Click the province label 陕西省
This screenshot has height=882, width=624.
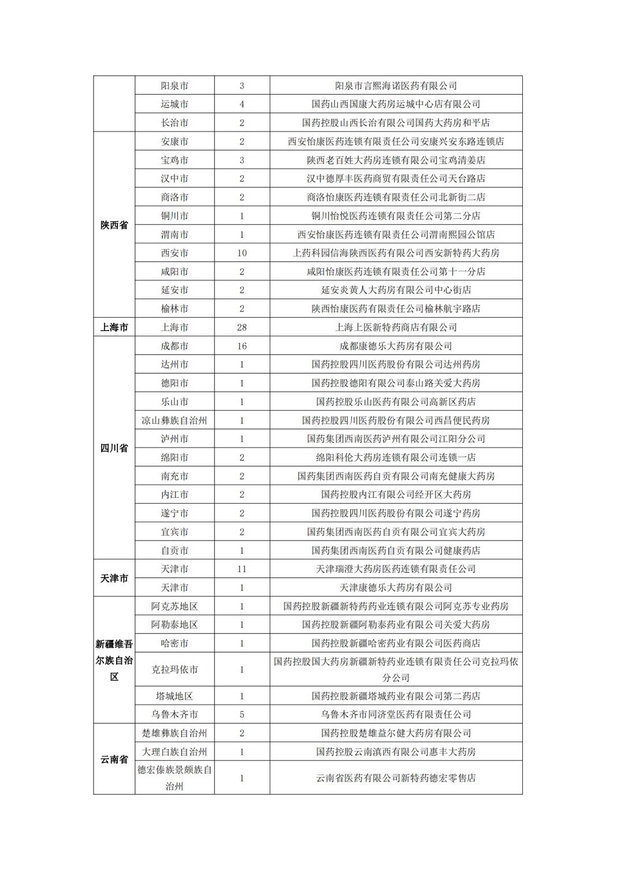(x=114, y=225)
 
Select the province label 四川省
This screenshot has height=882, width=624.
(x=114, y=448)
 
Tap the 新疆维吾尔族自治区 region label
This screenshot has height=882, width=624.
(x=114, y=660)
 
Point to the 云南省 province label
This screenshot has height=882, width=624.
(x=114, y=760)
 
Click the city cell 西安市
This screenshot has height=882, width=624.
(x=174, y=253)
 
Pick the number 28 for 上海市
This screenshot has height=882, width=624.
(x=242, y=328)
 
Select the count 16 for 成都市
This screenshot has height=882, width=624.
(x=242, y=346)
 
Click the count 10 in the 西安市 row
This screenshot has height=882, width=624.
(x=242, y=253)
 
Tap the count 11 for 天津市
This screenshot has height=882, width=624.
(x=242, y=569)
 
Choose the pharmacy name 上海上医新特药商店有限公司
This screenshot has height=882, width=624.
(x=396, y=328)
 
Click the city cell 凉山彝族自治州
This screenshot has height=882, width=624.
(x=174, y=420)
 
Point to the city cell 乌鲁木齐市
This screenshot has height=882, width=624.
(x=174, y=714)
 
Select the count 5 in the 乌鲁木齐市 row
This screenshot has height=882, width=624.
(x=242, y=714)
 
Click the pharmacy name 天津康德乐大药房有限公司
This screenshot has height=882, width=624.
(x=396, y=587)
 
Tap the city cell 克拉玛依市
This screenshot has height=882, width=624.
(x=174, y=669)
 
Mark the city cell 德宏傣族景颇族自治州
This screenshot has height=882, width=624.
(x=174, y=778)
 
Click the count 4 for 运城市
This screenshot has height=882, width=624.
(x=242, y=105)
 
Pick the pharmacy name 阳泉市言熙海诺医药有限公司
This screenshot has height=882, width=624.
(x=396, y=86)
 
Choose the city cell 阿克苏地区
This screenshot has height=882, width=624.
(x=174, y=606)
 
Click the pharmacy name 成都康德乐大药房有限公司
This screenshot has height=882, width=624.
(x=396, y=346)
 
